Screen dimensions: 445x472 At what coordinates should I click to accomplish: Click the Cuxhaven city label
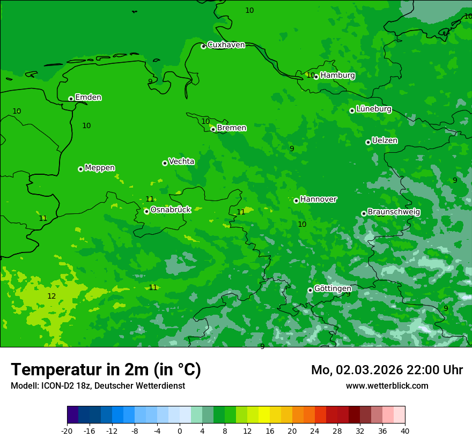(x=226, y=45)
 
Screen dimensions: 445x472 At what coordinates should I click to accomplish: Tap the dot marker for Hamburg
(x=316, y=77)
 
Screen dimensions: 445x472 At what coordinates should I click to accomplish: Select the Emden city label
(x=88, y=98)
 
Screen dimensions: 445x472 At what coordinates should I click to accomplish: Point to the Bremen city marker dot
(x=213, y=129)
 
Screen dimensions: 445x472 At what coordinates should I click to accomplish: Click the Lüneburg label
(x=373, y=109)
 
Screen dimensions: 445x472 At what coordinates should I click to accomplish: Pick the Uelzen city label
(x=385, y=140)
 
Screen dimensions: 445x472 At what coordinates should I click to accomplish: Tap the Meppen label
(x=99, y=168)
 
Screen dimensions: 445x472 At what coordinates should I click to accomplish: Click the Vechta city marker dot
(x=165, y=163)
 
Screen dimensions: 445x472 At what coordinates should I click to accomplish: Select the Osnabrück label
(x=171, y=210)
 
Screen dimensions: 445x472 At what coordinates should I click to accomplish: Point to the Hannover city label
(x=318, y=199)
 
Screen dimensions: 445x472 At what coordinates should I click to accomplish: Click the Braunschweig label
(x=394, y=212)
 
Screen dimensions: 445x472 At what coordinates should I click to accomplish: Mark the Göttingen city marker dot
(x=310, y=290)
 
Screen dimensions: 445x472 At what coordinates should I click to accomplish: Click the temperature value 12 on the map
(x=51, y=296)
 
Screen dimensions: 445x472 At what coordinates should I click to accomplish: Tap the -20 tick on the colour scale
(x=67, y=431)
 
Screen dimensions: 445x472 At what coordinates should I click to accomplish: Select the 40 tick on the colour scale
(x=404, y=431)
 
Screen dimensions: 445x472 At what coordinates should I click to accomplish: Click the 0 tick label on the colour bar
(x=180, y=431)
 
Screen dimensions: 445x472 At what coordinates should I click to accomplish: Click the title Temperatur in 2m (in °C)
(x=106, y=370)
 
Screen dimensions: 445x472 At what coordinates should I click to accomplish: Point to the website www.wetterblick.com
(x=387, y=386)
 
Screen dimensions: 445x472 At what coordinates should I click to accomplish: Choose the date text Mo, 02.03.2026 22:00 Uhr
(x=387, y=370)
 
